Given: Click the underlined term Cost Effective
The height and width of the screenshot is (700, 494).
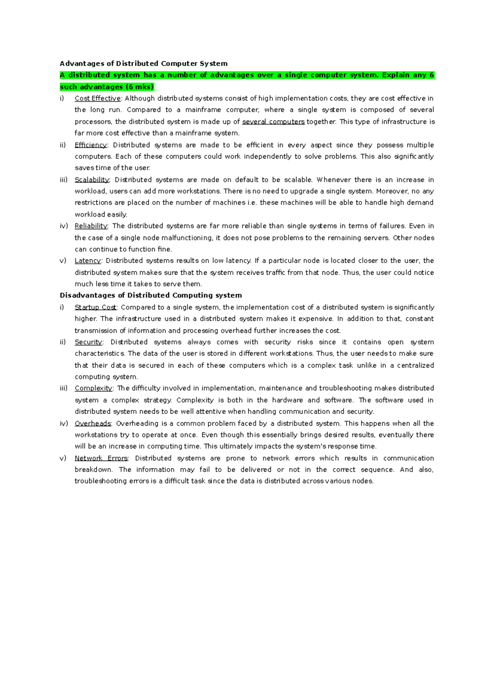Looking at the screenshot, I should pos(98,99).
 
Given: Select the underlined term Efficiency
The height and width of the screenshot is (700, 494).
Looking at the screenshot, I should pos(91,145).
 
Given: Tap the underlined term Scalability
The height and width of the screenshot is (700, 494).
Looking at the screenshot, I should pos(92,180).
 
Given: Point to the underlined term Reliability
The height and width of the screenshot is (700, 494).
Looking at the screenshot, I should pos(91,226).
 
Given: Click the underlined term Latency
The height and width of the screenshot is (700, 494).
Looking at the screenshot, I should pos(88,261).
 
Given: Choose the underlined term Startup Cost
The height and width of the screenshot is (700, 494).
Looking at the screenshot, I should pos(96,307).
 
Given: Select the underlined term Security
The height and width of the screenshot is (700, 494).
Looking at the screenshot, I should pos(89,342).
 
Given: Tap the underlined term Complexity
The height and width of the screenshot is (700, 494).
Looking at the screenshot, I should pos(93,388).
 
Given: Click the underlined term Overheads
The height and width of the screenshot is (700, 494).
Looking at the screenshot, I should pos(93,423).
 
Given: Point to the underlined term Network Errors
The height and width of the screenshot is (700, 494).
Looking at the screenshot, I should pos(101,458).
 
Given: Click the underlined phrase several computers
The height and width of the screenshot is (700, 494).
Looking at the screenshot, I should pos(273,122).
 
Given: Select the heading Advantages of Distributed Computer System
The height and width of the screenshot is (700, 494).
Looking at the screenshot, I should pos(144,63).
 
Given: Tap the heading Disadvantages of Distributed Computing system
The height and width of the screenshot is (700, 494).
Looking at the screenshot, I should pos(151,295).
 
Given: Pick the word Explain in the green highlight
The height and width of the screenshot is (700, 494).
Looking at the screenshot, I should pos(396,75).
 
